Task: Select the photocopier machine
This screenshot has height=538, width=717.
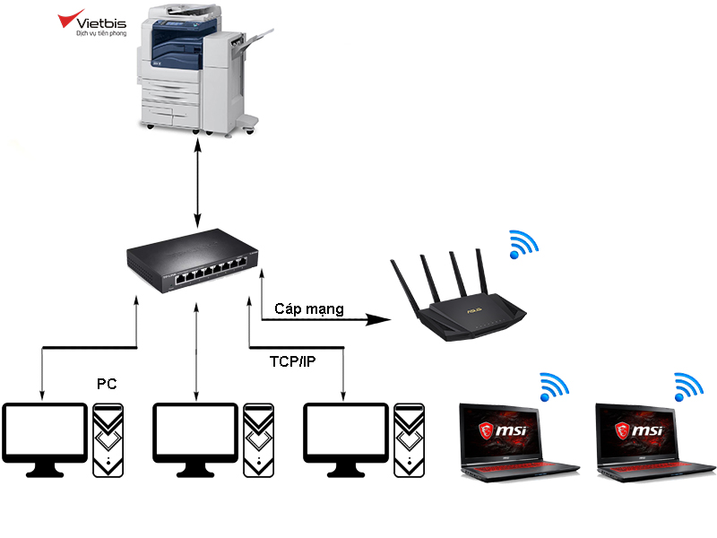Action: (x=201, y=70)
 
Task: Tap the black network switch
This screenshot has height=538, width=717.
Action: (x=193, y=259)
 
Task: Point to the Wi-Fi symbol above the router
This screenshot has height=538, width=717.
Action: (x=523, y=244)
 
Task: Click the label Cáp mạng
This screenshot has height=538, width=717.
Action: (x=309, y=309)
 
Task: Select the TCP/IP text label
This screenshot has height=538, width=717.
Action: (x=293, y=361)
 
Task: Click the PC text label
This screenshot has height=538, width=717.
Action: (x=107, y=384)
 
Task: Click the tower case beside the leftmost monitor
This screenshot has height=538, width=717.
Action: (x=108, y=440)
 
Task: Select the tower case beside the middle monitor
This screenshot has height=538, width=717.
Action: (x=259, y=440)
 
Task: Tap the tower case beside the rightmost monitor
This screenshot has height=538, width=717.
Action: (x=410, y=440)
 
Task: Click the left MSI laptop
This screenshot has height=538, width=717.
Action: (x=519, y=442)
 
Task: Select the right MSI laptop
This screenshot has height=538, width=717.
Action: (x=656, y=442)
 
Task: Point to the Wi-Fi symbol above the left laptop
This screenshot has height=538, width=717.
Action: (x=554, y=387)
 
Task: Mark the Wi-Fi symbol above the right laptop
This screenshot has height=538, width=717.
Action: (x=688, y=387)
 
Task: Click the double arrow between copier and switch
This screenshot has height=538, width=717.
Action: (x=197, y=183)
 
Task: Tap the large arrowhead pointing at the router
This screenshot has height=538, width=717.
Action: (x=378, y=319)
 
